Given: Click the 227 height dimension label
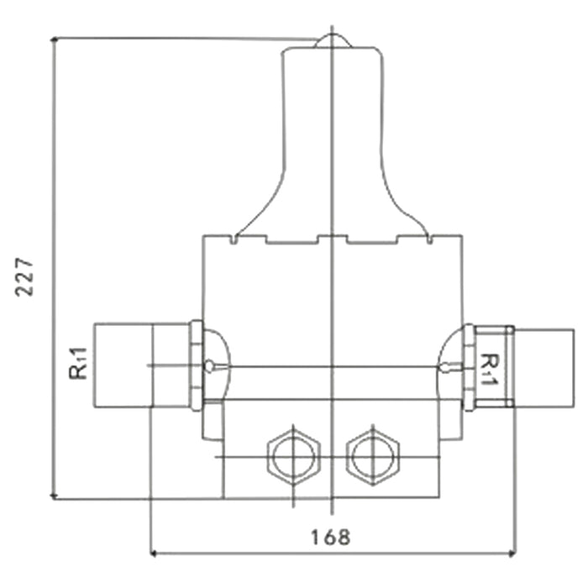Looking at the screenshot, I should tap(26, 275).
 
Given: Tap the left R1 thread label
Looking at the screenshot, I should tap(79, 367).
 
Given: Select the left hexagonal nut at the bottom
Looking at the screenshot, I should tap(292, 458).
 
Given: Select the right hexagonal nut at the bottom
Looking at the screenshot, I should tap(373, 458).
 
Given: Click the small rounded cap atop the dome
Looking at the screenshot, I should tap(332, 41).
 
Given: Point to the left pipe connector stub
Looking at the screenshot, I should tap(122, 366).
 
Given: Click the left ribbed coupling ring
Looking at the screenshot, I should tap(197, 365).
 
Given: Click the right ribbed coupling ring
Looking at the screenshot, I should tap(469, 367).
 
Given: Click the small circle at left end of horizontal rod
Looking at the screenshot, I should tap(208, 366).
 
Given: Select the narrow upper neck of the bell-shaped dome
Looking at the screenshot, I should tap(332, 101).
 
